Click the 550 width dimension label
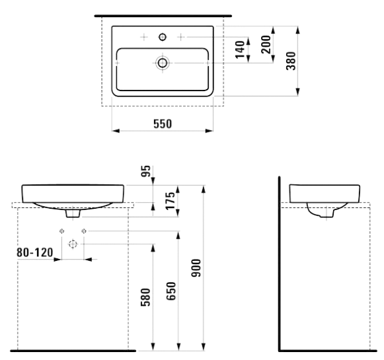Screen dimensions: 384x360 click(163, 124)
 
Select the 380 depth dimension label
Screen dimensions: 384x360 click(291, 61)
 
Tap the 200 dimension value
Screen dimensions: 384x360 click(266, 44)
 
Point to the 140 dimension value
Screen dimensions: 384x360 click(240, 50)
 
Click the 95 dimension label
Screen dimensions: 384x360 click(145, 171)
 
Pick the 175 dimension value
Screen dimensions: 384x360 click(171, 201)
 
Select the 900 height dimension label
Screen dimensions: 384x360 click(196, 268)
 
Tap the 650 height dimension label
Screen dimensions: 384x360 click(171, 291)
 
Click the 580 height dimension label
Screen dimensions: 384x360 click(145, 297)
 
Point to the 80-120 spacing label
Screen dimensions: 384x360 click(35, 252)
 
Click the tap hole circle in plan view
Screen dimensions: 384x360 click(163, 37)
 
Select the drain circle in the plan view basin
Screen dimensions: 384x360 click(163, 63)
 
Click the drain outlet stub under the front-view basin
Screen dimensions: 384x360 click(73, 213)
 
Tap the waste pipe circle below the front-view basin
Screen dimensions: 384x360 click(73, 244)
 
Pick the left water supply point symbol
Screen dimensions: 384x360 click(61, 231)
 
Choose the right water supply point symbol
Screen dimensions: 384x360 click(84, 231)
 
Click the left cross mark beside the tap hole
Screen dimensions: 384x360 click(144, 37)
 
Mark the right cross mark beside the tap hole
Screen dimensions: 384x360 click(180, 37)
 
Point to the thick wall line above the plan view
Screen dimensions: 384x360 click(163, 16)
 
